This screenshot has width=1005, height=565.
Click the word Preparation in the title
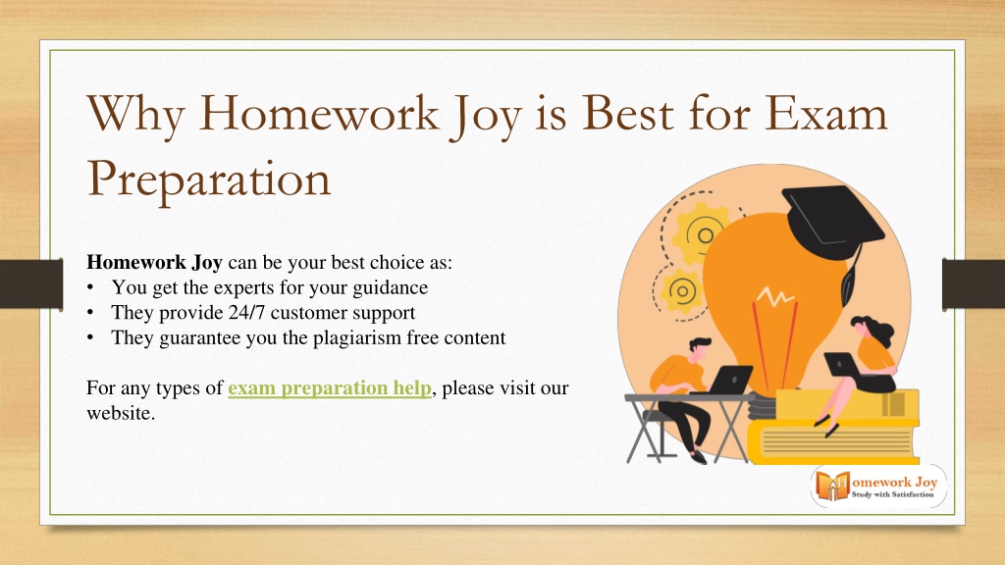208,180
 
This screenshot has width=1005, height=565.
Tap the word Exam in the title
825,113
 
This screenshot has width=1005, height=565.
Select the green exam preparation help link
330,388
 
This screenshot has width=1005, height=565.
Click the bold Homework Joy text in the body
154,262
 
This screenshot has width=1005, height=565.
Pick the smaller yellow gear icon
682,291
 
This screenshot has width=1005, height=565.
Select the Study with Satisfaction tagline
892,494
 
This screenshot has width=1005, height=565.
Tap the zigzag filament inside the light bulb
775,296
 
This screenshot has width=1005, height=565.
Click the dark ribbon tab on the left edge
31,284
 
